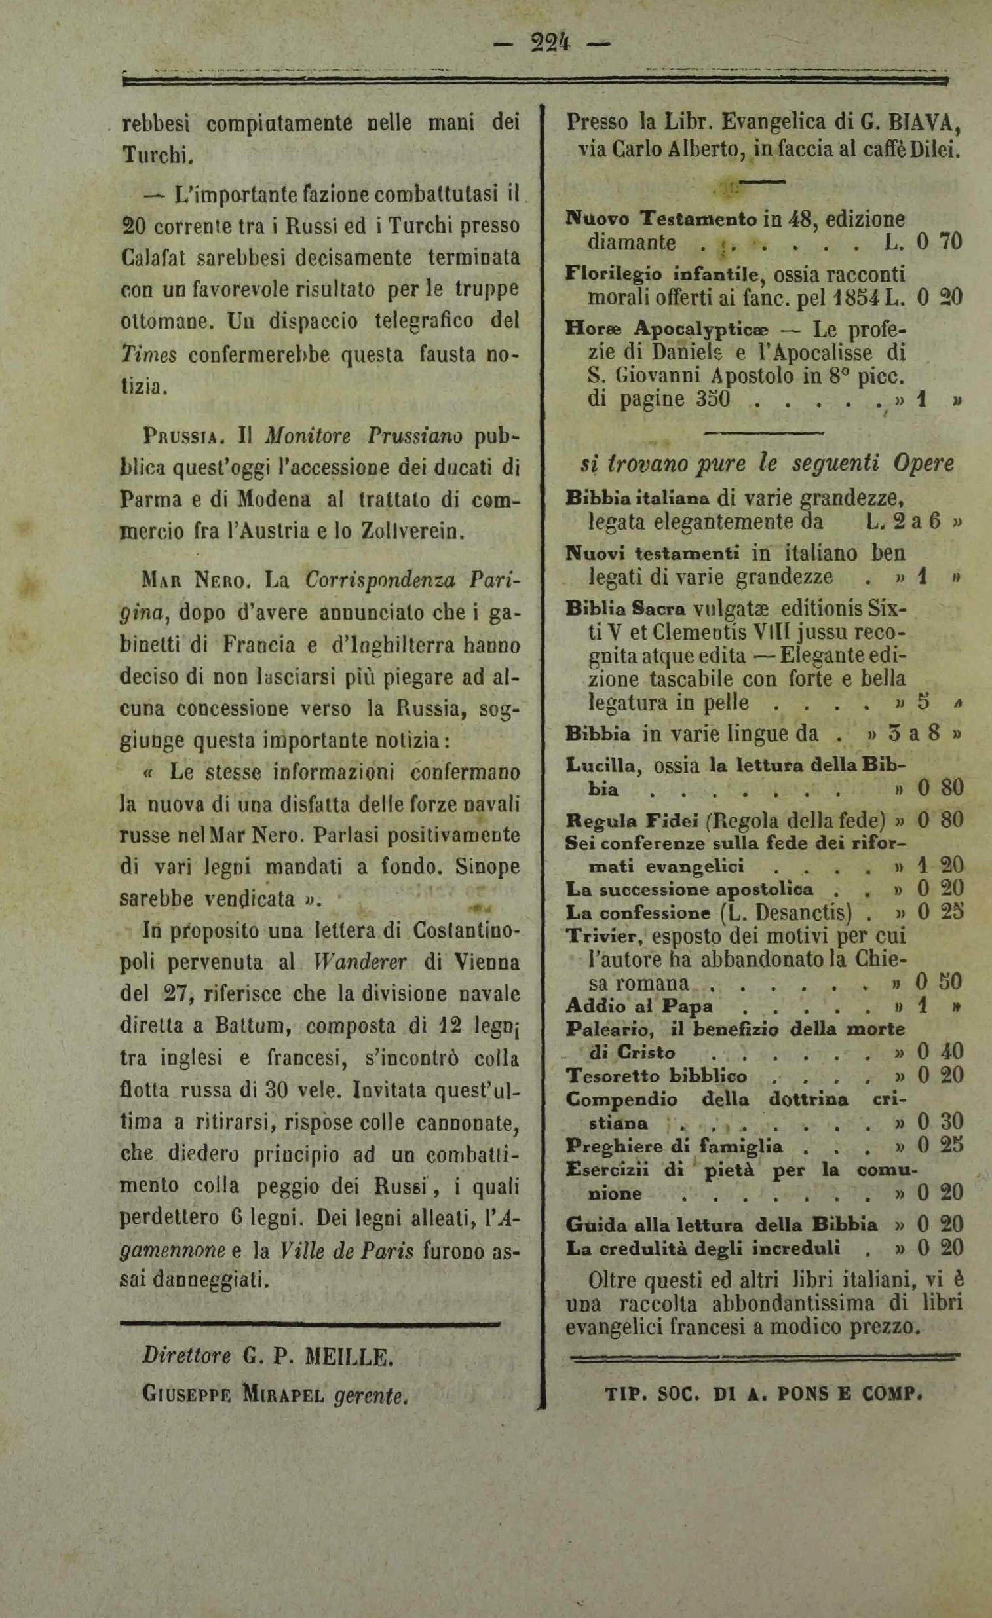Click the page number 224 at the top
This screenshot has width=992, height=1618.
coord(550,43)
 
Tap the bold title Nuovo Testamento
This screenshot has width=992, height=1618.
coord(662,217)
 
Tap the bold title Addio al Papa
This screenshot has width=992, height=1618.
coord(639,1005)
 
